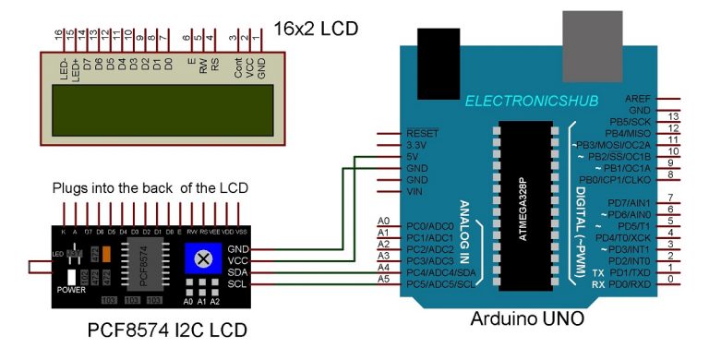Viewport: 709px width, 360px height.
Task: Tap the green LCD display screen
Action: click(x=158, y=109)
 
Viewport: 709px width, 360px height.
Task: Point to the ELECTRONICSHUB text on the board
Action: click(x=532, y=100)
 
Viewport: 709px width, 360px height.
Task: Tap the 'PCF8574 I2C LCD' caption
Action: click(x=167, y=330)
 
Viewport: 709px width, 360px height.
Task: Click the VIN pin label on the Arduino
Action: click(x=415, y=192)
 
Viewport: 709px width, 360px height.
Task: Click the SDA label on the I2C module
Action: click(x=237, y=272)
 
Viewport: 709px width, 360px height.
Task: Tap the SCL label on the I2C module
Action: click(x=237, y=284)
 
